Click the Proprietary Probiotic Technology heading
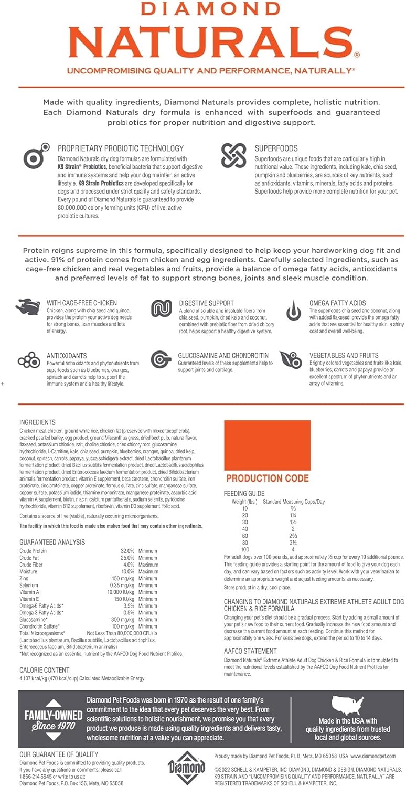[120, 148]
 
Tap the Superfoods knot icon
[233, 155]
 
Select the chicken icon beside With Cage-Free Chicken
[26, 306]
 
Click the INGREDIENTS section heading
[37, 422]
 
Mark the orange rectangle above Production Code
[267, 445]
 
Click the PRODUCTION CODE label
[267, 478]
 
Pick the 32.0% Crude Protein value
[127, 551]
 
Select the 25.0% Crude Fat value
[127, 558]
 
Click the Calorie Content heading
[44, 669]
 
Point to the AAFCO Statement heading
[250, 651]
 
